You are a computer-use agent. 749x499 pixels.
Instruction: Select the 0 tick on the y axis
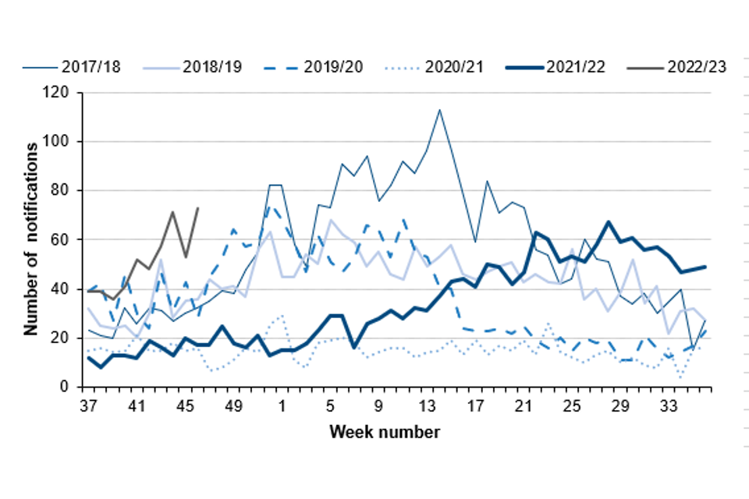[x=66, y=387]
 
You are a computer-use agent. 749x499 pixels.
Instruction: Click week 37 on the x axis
[x=87, y=406]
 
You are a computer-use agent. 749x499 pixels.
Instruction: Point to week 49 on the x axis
[x=233, y=406]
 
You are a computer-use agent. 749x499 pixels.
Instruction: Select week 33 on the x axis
[x=669, y=406]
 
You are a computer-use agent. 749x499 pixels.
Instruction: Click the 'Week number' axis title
[x=384, y=431]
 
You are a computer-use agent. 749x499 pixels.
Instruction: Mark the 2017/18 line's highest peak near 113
[x=439, y=109]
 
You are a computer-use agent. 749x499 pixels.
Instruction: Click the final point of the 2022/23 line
[x=197, y=208]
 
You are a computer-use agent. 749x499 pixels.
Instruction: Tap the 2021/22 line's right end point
[x=705, y=267]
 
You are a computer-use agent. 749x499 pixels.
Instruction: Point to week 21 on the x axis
[x=524, y=406]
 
